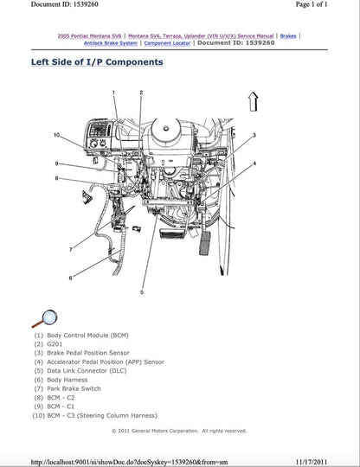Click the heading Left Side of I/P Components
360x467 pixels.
point(96,62)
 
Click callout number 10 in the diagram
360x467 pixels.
point(56,135)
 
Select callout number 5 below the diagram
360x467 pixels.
point(140,293)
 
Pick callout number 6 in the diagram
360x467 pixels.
point(71,278)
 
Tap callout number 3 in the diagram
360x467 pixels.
point(254,136)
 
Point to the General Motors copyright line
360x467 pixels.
point(179,430)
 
